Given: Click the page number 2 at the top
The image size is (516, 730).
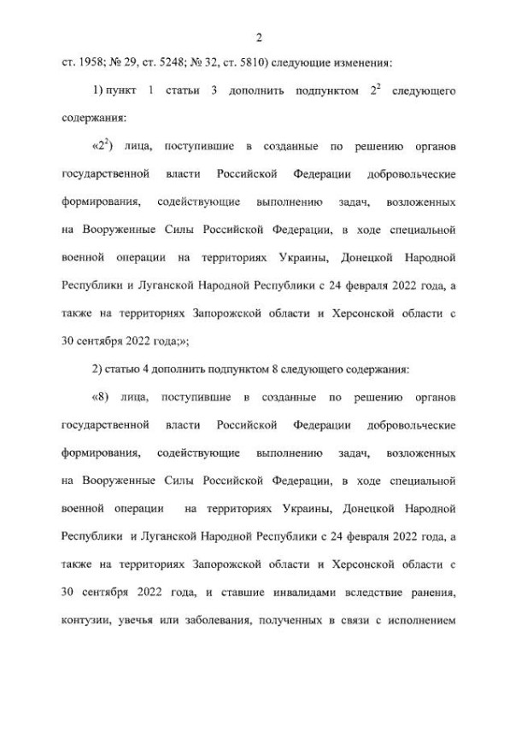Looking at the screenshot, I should coord(257,37).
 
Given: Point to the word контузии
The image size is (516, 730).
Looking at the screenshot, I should coord(86,617).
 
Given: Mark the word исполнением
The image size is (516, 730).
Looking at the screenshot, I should coord(421,617).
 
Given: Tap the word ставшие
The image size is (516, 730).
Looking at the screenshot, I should coord(212,590).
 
